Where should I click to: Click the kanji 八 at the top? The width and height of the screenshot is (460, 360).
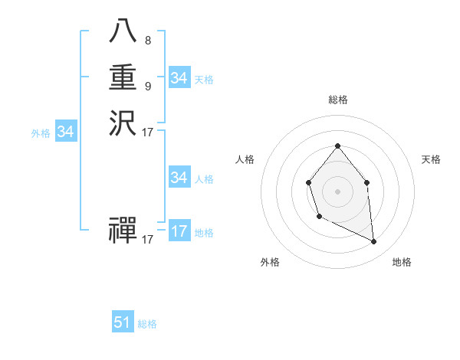[123, 31]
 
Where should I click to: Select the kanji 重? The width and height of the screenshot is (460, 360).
[123, 77]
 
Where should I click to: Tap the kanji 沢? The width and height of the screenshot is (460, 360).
[123, 123]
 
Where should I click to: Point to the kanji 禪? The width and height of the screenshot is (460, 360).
[123, 230]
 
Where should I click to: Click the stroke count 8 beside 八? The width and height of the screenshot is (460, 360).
[147, 40]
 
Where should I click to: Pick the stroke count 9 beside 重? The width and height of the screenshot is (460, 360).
[147, 86]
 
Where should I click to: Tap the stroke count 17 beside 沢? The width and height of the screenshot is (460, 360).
[148, 133]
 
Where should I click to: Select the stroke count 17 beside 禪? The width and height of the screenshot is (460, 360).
[148, 240]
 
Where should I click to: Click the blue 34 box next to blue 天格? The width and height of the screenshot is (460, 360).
[179, 78]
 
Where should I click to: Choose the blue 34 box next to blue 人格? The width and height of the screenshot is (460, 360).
[179, 178]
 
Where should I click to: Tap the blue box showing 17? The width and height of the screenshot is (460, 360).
[179, 231]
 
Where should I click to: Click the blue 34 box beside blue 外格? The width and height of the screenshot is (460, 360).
[66, 132]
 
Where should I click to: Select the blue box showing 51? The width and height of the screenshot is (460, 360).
[123, 322]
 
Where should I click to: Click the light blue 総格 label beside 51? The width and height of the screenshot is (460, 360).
[147, 324]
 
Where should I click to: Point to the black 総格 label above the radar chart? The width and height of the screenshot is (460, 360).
[337, 100]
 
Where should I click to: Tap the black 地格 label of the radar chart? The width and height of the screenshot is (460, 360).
[402, 262]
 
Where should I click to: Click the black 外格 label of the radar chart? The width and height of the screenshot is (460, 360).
[270, 262]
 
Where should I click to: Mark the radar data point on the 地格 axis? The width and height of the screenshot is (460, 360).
[373, 241]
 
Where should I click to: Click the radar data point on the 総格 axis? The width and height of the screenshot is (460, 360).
[337, 146]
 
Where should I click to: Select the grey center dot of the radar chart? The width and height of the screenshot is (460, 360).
[337, 191]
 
